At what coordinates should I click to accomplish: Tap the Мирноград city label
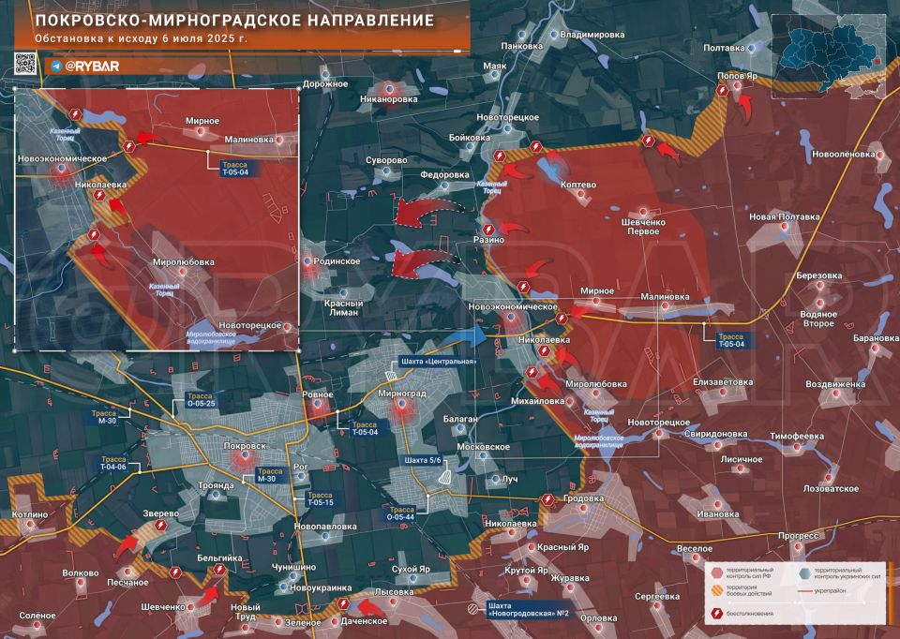(402, 394)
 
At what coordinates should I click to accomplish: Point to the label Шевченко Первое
(642, 225)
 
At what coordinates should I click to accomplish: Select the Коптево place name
(577, 185)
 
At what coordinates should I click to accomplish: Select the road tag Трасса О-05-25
(200, 400)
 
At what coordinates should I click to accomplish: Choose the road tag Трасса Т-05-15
(319, 498)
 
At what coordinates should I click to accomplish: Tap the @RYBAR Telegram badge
(82, 66)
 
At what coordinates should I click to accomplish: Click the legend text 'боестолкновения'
(754, 615)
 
